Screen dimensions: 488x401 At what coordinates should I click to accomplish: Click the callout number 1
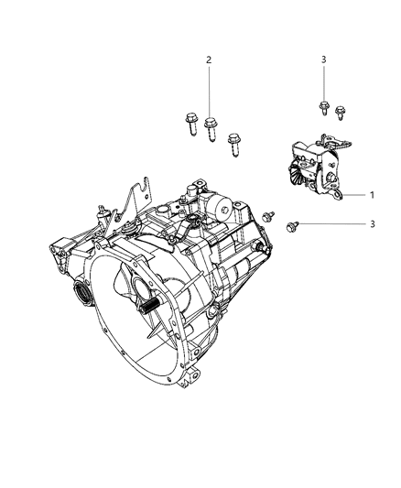coord(373,194)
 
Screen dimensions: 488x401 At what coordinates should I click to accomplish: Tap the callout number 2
coord(209,60)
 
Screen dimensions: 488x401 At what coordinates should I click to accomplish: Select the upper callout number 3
coord(323,60)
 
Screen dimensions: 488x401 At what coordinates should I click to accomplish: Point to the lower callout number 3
coord(373,224)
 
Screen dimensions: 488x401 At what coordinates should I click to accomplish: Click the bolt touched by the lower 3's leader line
coord(292,224)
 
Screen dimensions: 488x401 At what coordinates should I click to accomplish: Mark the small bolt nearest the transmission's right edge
coord(267,216)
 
